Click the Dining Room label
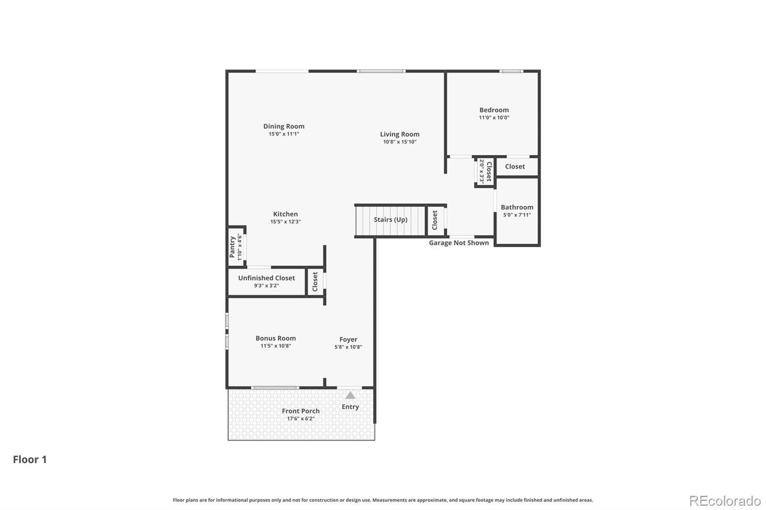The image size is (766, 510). [283, 126]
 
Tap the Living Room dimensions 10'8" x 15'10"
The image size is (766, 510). [399, 142]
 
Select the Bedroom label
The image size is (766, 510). [494, 110]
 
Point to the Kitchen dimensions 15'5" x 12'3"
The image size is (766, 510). [285, 222]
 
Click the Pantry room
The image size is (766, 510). [236, 247]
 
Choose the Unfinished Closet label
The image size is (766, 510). [266, 278]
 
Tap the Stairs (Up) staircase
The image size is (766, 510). [390, 220]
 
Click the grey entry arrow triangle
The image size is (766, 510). [350, 395]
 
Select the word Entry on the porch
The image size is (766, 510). [350, 407]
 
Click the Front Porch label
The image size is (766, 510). [301, 411]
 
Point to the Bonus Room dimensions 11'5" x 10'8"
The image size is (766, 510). [275, 346]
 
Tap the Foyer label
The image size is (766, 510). [348, 339]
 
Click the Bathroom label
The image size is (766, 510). [517, 207]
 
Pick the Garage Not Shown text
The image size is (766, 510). [459, 243]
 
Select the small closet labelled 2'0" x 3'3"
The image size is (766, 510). [485, 171]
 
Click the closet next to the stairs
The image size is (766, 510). [435, 220]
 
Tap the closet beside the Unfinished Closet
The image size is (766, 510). [315, 281]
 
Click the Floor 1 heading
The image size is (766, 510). [30, 459]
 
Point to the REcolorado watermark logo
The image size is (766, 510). [724, 500]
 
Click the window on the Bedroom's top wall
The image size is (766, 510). [511, 71]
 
